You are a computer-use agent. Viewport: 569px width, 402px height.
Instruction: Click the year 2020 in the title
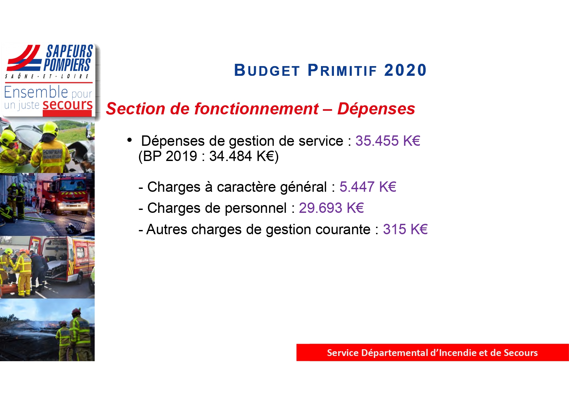(x=405, y=70)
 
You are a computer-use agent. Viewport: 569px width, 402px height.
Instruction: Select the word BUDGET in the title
(x=267, y=70)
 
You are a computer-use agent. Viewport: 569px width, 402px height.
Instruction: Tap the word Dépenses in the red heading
(x=376, y=109)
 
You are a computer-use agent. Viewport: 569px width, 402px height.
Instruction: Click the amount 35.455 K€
(x=388, y=141)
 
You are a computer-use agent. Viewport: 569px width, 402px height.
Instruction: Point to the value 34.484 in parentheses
(x=231, y=156)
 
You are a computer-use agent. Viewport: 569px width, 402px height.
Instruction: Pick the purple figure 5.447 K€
(x=368, y=187)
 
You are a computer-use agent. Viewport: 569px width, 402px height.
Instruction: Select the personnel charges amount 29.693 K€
(x=331, y=208)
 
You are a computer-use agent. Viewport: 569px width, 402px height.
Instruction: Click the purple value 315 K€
(x=405, y=229)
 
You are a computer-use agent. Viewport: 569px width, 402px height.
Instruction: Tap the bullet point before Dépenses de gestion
(x=130, y=140)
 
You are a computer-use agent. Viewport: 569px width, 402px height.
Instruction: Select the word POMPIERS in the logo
(x=67, y=64)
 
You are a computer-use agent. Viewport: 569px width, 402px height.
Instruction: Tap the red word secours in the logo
(x=68, y=105)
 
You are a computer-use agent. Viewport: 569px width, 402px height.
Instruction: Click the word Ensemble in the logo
(x=36, y=92)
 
